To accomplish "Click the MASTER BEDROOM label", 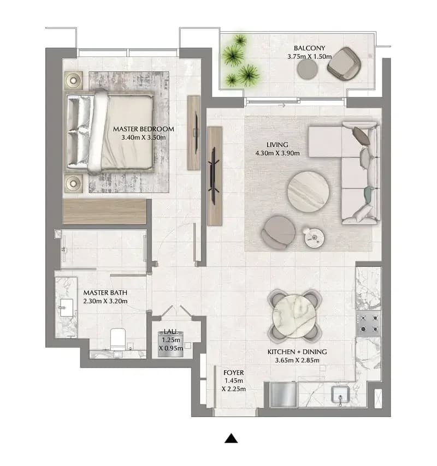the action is coord(143,129).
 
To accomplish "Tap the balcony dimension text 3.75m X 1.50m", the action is coord(309,56).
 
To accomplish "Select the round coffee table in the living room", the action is coord(308,192).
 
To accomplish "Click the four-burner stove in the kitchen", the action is coord(369,324).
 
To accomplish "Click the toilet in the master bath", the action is coord(117,339).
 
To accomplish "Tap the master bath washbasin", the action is coord(66,308).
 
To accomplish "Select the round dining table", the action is coord(294,315).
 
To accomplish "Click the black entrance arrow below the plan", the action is coord(231,438).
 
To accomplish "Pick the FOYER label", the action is coord(234,372).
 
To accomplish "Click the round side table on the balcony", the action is coord(308,69).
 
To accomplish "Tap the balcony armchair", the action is coord(344,64).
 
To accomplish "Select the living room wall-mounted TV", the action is coord(214,176).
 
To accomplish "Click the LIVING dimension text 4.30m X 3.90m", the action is coord(277,153).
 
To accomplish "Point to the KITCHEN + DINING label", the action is coord(297,352).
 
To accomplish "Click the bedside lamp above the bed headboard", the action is coord(73,80).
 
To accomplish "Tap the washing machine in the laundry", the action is coord(170,345).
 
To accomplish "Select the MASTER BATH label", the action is coord(105,292).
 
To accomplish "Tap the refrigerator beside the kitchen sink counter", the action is coord(283,395).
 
